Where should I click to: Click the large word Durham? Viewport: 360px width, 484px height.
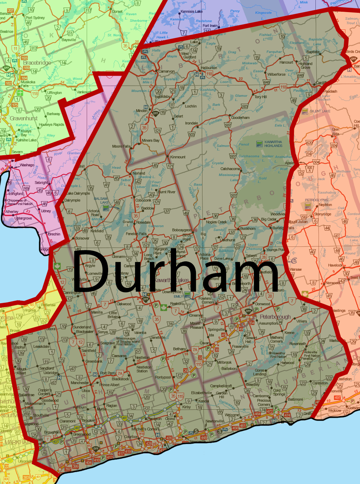coord(175,271)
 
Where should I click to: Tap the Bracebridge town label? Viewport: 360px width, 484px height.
coord(37,63)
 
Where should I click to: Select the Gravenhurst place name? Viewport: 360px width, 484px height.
coord(23,118)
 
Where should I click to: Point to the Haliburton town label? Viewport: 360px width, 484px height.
coord(209,68)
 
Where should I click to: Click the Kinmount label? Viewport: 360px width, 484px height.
coord(178,157)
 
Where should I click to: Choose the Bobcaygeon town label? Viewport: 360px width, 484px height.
coord(182,230)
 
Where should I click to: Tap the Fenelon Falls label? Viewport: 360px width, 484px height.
coord(136,234)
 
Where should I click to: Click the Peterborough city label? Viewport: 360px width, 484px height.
coord(275,317)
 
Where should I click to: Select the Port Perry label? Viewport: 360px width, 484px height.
coord(108,373)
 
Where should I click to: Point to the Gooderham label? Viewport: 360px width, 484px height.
coord(240,118)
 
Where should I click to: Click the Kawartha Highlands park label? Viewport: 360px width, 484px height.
coord(273,144)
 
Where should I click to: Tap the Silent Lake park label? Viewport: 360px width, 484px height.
coord(320,111)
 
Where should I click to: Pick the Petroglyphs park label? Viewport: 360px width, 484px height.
coord(316,200)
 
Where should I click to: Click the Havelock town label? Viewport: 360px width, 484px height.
coord(335,266)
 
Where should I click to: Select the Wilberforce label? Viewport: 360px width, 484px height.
coord(276,74)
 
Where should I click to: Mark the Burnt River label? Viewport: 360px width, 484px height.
coord(167,192)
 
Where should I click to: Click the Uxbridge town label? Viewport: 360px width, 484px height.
coord(50,373)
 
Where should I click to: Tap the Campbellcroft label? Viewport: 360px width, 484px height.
coord(221,386)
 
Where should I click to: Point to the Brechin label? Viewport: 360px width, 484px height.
coord(54,234)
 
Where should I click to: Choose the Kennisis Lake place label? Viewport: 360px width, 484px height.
coord(192,11)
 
